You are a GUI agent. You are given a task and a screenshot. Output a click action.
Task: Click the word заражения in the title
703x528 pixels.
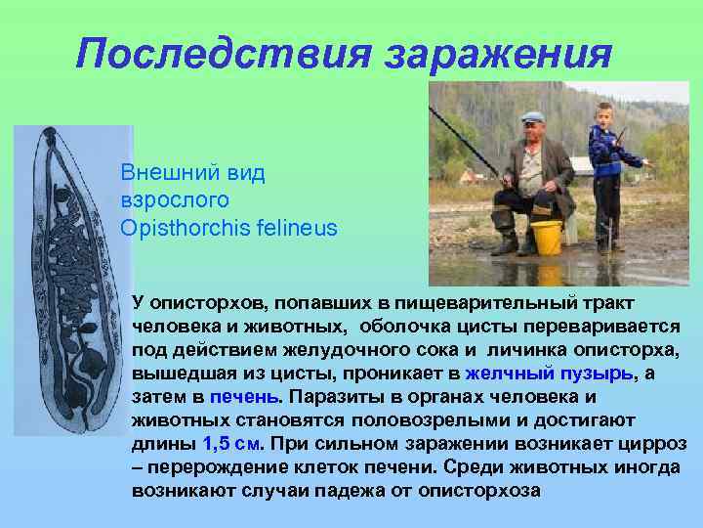point(499,52)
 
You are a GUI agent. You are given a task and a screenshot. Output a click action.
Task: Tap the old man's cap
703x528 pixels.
point(533,117)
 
